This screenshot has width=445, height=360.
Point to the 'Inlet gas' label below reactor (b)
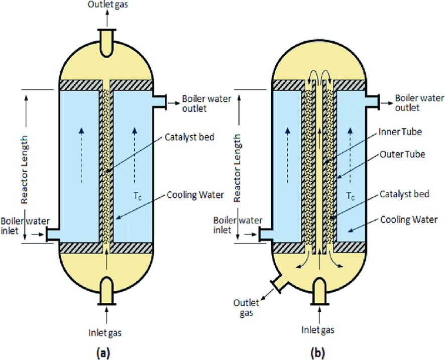[318, 330]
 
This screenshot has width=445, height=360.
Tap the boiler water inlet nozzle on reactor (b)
[263, 234]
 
